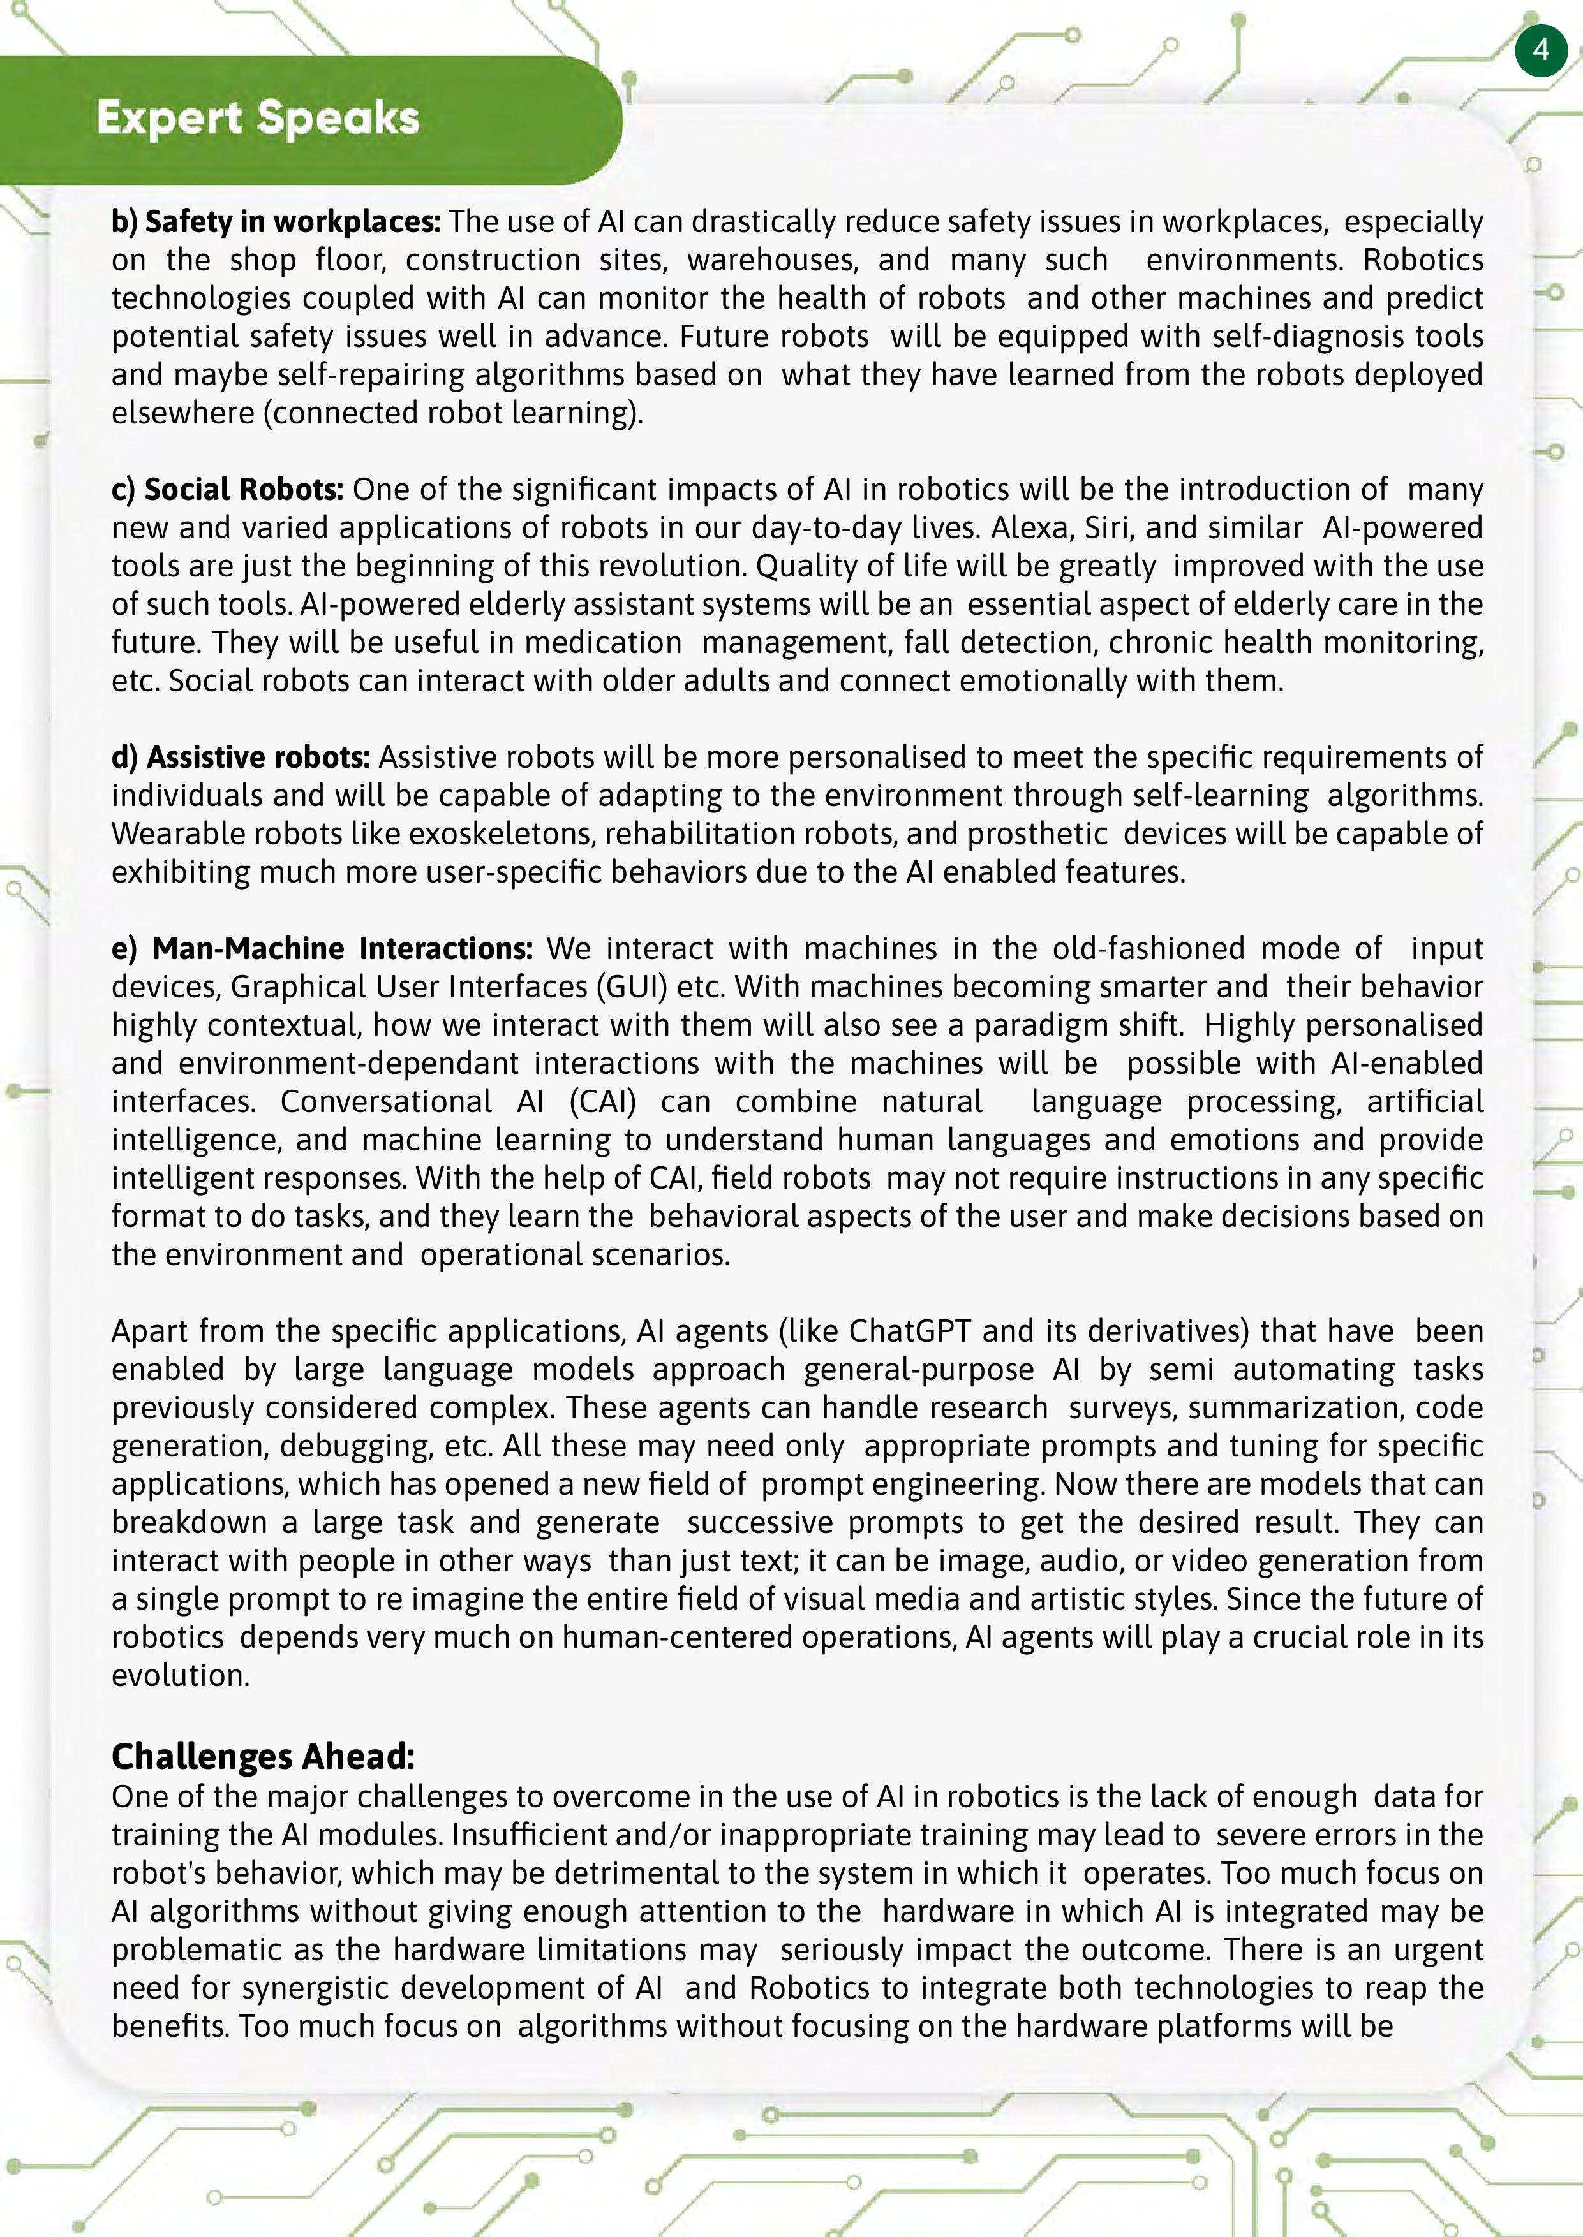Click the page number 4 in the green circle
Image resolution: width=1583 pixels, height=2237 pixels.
[1540, 48]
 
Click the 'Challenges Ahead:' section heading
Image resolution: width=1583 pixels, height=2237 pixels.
[263, 1756]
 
